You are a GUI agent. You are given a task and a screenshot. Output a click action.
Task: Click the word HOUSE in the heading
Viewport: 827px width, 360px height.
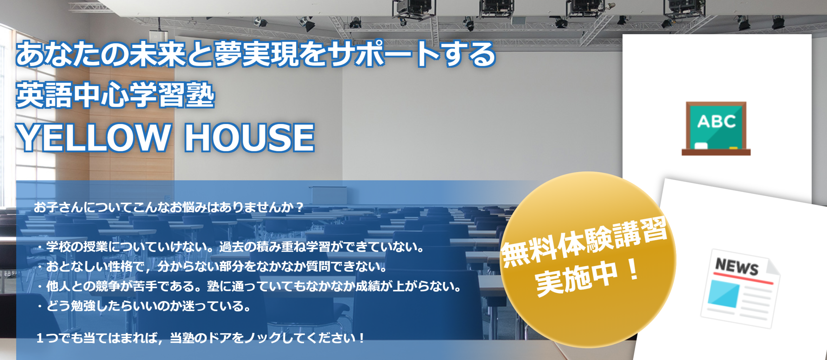tap(249, 138)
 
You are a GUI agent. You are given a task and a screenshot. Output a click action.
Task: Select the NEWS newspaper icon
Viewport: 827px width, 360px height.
tap(740, 288)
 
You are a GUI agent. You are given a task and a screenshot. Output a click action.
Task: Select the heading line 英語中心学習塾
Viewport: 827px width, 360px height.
tap(115, 95)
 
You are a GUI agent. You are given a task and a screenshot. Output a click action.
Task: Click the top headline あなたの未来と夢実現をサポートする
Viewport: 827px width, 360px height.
tap(255, 54)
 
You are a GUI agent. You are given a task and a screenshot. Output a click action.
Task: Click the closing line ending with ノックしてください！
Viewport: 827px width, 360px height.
tap(200, 338)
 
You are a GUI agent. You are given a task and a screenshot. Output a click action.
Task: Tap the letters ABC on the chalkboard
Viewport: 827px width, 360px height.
tap(717, 121)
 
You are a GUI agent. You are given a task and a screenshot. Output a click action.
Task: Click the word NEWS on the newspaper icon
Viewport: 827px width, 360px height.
tap(736, 266)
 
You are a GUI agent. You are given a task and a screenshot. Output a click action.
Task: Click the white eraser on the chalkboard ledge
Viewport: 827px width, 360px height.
tap(701, 146)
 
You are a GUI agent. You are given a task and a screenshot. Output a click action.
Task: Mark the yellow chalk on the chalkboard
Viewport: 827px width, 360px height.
tap(733, 148)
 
